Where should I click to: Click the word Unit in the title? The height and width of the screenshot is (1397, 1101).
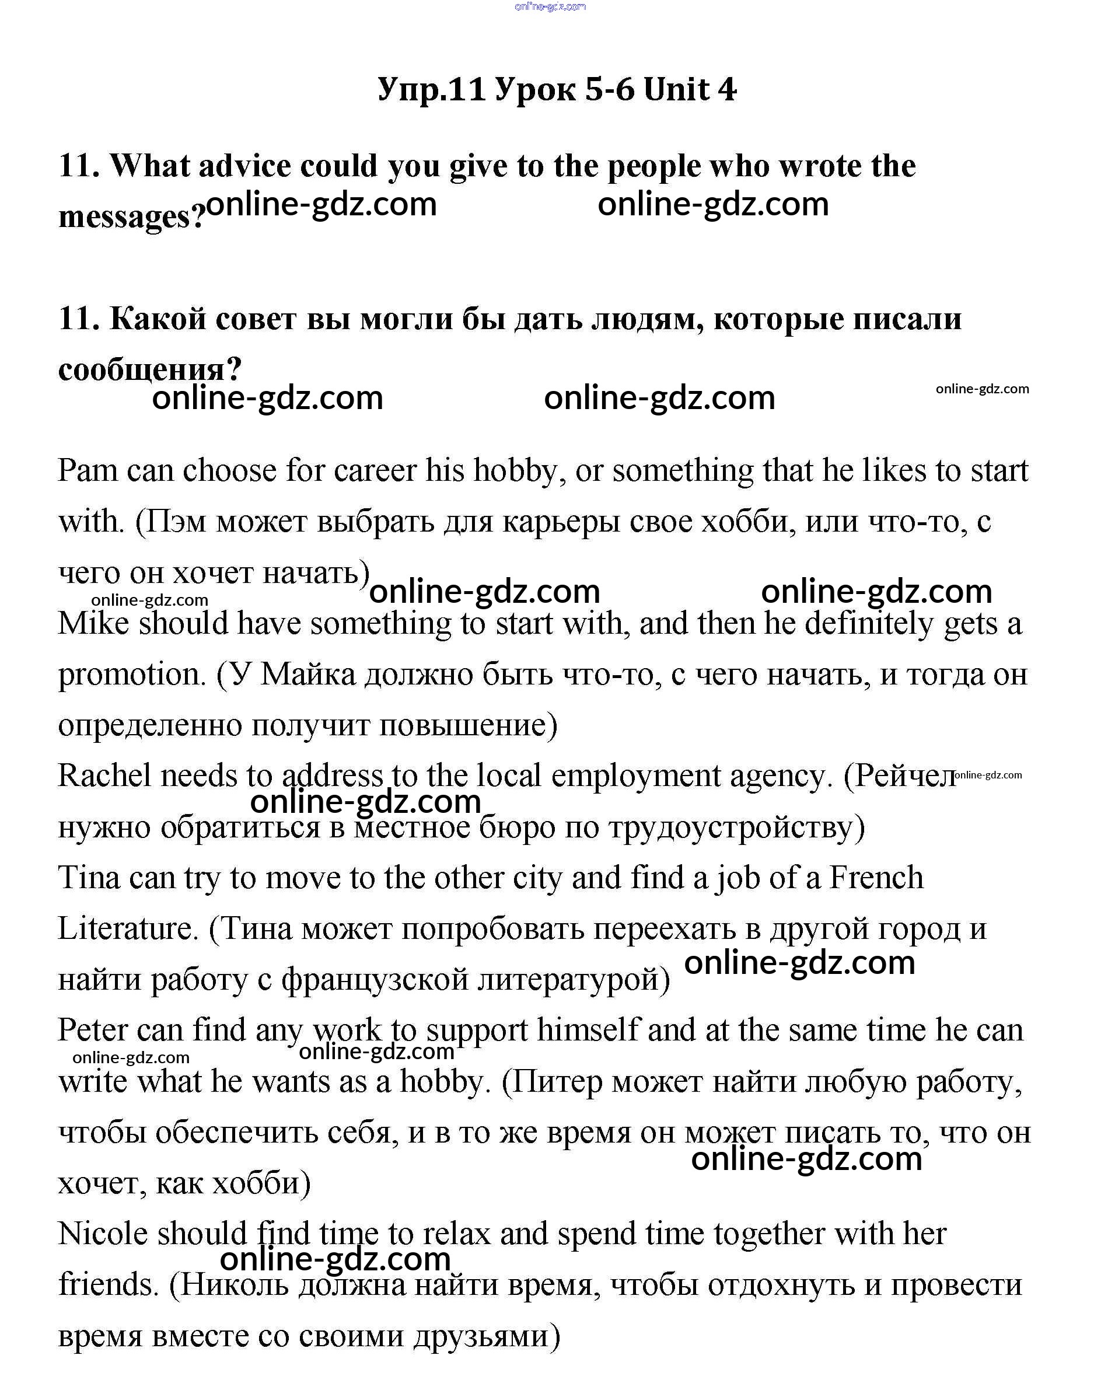coord(676,90)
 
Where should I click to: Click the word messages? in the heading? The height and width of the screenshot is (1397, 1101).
coord(131,216)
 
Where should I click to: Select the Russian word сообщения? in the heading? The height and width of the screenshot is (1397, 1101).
coord(149,370)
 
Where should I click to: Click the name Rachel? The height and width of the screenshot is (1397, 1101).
coord(104,776)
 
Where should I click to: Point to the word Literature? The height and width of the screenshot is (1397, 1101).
coord(128,929)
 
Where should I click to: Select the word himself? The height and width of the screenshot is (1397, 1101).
coord(589,1030)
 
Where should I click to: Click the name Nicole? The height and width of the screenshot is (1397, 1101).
coord(103,1234)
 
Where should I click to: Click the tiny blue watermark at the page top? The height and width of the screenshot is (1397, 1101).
coord(551,6)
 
